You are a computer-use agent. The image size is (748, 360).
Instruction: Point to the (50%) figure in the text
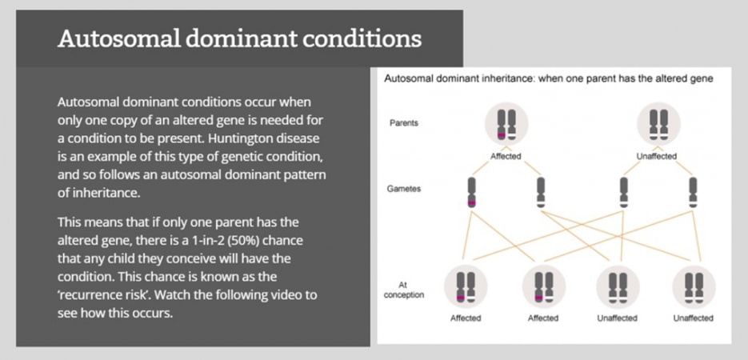pos(280,240)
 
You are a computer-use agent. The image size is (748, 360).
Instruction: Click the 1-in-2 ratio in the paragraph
pos(241,240)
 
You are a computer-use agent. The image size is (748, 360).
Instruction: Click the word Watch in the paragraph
pos(173,294)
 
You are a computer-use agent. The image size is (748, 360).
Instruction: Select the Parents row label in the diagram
pos(403,122)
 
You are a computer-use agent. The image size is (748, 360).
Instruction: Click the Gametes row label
pos(404,188)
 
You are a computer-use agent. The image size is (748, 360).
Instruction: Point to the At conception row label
pos(403,290)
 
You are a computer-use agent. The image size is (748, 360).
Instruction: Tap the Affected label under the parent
pos(506,156)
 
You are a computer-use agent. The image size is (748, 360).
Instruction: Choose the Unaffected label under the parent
pos(657,156)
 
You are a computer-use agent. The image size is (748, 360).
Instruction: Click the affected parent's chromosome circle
pos(506,123)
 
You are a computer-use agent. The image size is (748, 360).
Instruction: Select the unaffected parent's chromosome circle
pos(658,123)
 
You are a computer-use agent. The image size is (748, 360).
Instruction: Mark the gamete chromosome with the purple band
pos(472,193)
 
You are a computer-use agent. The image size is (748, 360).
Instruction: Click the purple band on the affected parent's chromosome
pos(501,135)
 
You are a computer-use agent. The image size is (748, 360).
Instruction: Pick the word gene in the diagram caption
pos(704,79)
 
